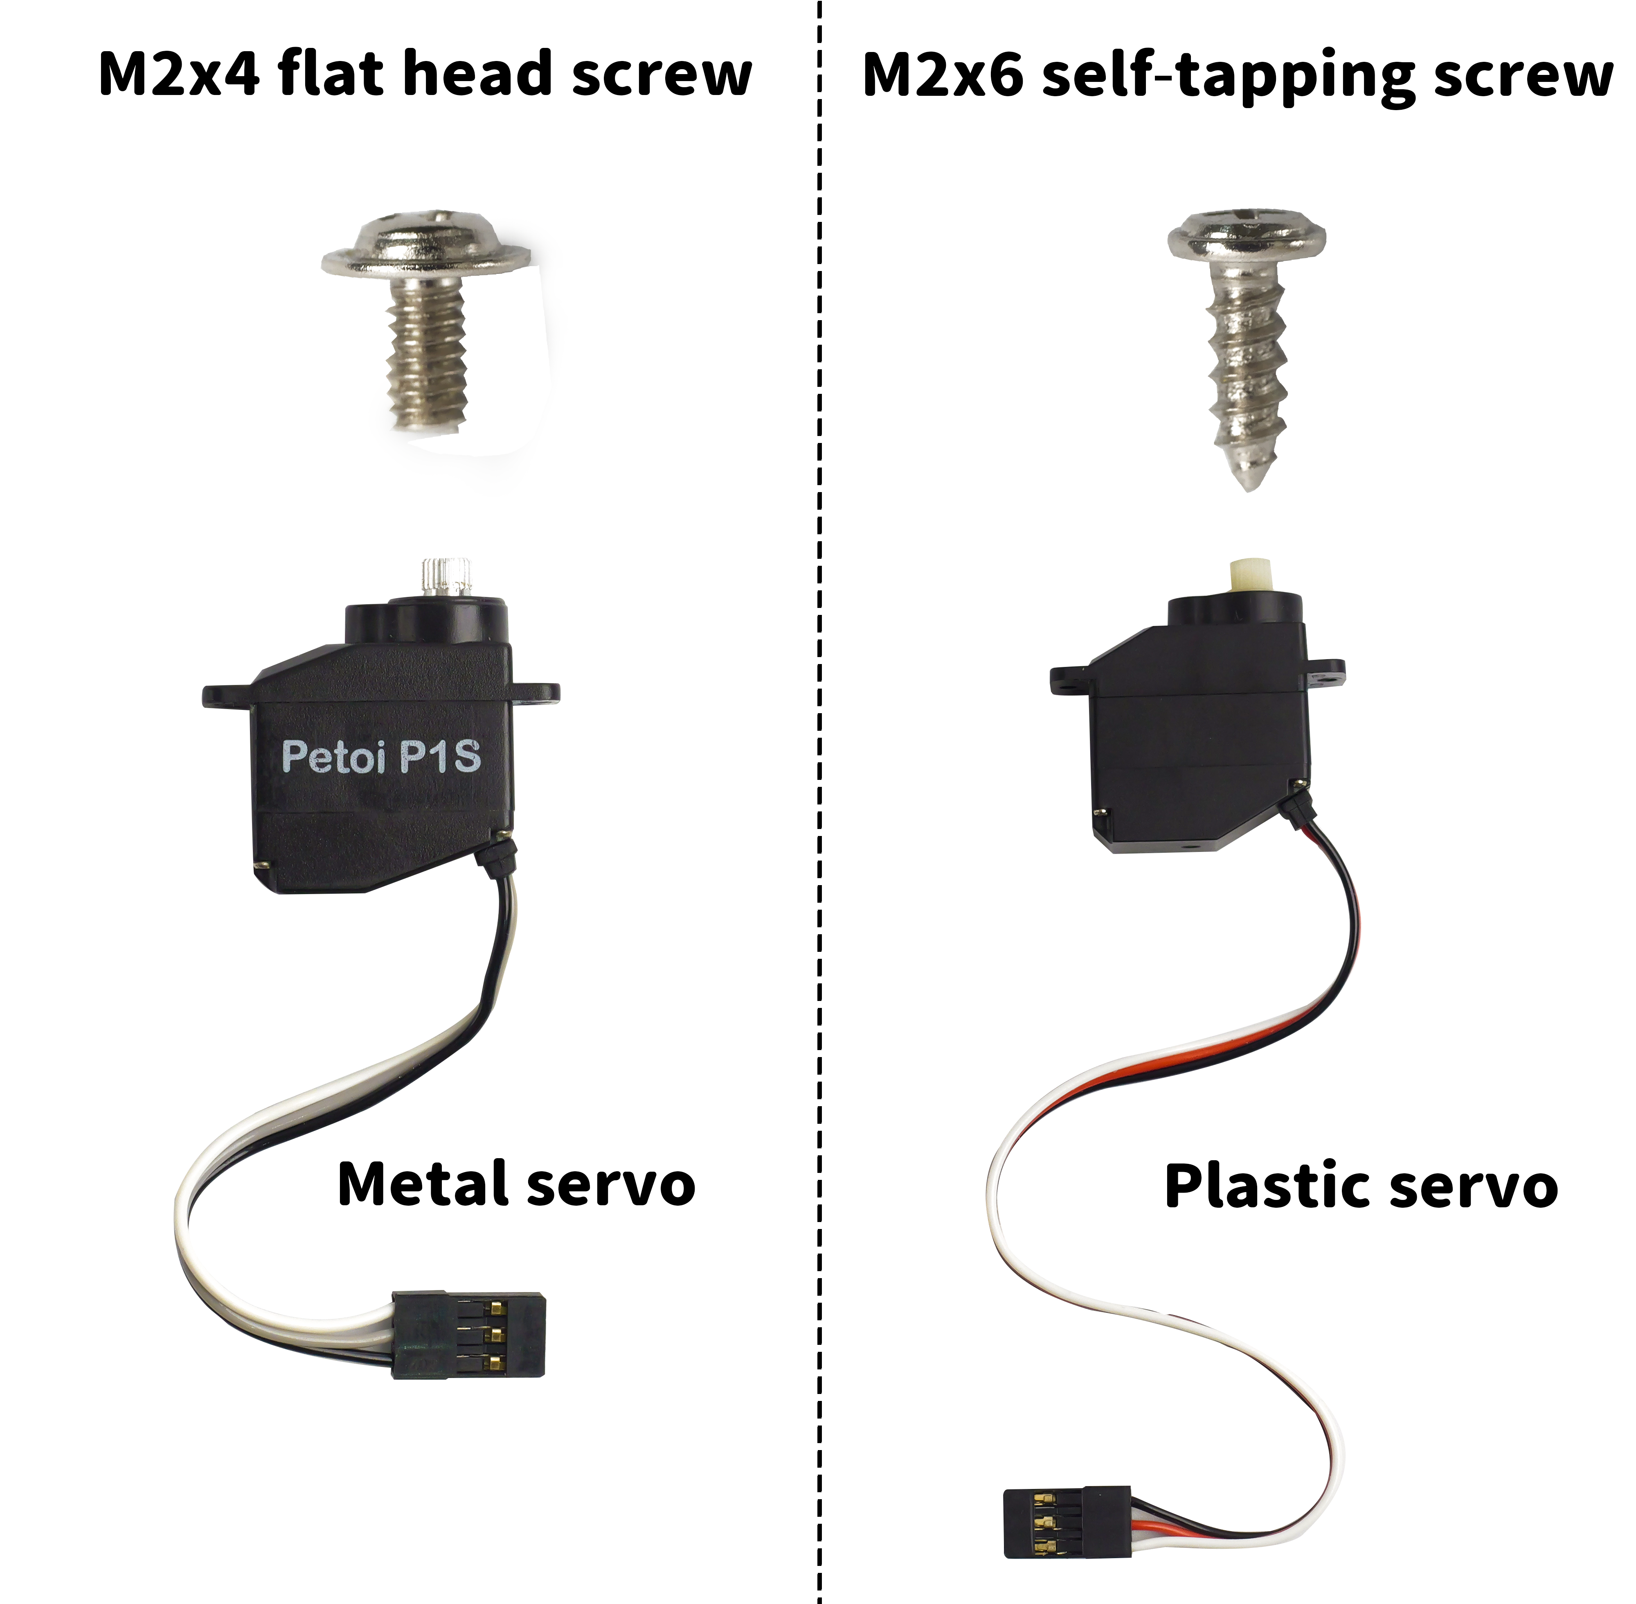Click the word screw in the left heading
tap(661, 74)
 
